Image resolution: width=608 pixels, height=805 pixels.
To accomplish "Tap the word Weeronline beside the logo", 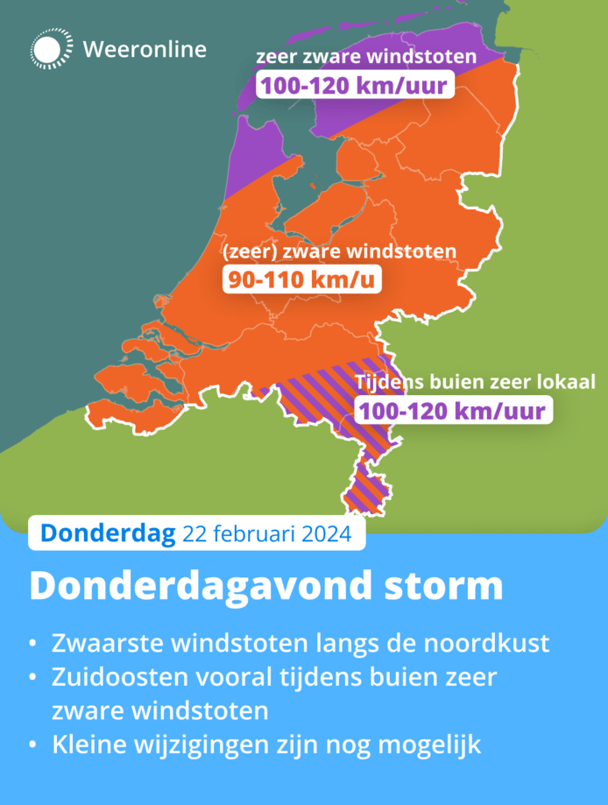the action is tap(145, 49).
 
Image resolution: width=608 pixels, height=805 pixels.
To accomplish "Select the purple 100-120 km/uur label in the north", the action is tap(353, 86).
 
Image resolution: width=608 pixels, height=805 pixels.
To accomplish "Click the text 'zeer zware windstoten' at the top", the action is tap(366, 59).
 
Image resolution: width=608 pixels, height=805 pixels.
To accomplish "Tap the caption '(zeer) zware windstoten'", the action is tap(340, 252).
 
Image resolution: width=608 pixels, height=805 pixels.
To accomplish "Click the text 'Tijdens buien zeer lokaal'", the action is tap(475, 383).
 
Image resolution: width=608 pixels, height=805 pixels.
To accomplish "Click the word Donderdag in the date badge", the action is tap(108, 533).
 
